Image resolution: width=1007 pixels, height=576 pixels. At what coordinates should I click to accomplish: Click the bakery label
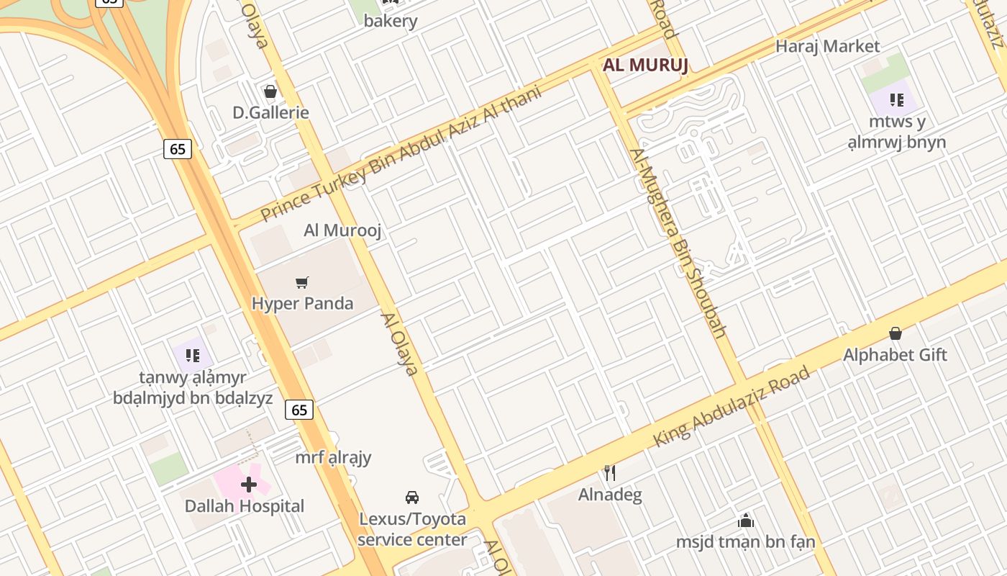[x=391, y=21]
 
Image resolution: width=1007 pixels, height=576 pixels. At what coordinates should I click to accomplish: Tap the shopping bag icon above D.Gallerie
[x=270, y=91]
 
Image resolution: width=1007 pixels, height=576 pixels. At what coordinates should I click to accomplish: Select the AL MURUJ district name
[x=645, y=65]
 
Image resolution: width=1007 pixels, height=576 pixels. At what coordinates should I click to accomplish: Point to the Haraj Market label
[x=827, y=46]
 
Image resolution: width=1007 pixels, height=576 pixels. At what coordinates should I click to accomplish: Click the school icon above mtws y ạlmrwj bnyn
[x=896, y=99]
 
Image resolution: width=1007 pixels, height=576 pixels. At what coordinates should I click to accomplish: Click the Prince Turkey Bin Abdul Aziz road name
[x=401, y=155]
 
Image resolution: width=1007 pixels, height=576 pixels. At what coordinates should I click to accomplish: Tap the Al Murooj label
[x=342, y=230]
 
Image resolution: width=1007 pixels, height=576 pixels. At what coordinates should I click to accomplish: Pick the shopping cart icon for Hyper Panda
[x=302, y=283]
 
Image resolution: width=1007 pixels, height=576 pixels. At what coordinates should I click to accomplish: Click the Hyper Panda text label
[x=302, y=303]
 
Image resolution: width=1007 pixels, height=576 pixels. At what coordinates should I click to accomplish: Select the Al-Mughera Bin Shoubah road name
[x=678, y=243]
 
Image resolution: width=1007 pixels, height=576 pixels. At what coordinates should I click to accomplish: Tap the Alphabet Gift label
[x=895, y=355]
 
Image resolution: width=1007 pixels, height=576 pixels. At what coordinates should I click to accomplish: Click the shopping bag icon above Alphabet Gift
[x=896, y=333]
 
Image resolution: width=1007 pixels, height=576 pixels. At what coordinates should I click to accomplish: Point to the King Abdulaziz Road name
[x=732, y=406]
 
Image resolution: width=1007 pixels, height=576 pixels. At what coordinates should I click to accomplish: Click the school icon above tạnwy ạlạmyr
[x=192, y=355]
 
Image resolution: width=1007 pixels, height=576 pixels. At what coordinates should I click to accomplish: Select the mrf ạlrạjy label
[x=333, y=457]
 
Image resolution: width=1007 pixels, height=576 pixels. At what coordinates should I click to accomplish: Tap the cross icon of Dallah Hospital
[x=249, y=485]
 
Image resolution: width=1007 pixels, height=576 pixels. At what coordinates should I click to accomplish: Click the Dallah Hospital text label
[x=245, y=506]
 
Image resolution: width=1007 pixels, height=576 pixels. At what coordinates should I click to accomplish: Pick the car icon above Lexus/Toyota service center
[x=412, y=497]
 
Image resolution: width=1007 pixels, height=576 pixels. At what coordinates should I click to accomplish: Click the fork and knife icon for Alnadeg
[x=610, y=473]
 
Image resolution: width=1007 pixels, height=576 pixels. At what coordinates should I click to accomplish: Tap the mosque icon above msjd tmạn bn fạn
[x=746, y=520]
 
